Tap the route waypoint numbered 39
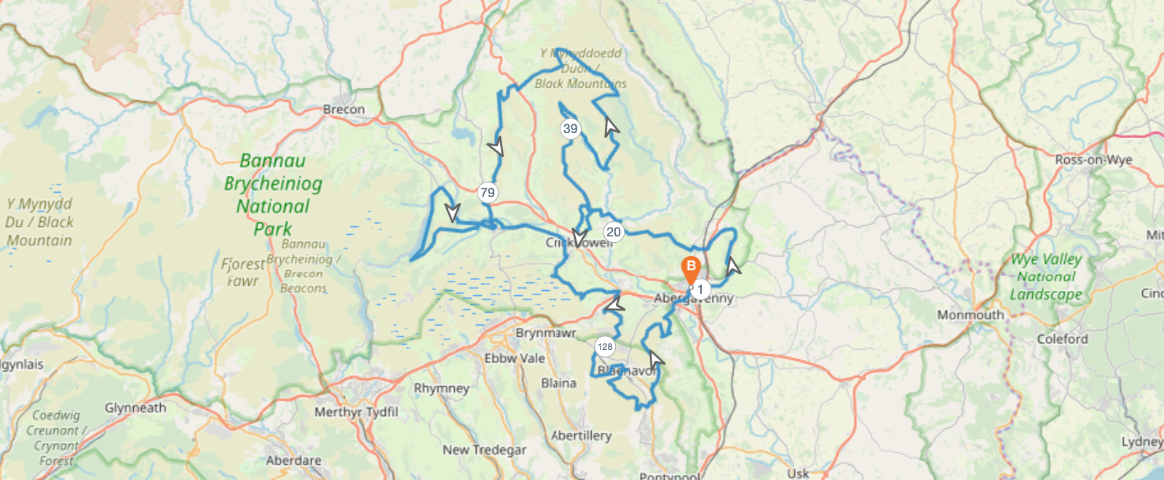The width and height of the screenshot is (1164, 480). (x=570, y=129)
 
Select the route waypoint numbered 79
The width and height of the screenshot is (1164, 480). (x=487, y=193)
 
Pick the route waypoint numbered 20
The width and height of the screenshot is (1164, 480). (x=614, y=232)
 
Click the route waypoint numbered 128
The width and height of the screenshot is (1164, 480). (x=605, y=347)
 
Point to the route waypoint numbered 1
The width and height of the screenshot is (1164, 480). (x=700, y=289)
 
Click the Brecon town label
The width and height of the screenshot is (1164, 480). (x=344, y=110)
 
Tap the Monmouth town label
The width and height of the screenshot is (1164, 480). (x=970, y=315)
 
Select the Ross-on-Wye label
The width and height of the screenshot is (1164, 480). (x=1093, y=160)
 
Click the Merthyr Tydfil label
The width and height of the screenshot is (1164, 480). (x=356, y=412)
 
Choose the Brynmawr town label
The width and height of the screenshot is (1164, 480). (x=545, y=333)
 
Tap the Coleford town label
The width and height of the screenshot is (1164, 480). (x=1062, y=339)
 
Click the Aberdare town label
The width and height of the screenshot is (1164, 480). (x=293, y=460)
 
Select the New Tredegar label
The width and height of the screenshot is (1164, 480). (x=484, y=450)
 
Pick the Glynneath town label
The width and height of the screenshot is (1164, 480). (x=135, y=408)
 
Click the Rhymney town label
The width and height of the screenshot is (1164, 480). (x=441, y=388)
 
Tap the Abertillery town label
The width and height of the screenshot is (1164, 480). (x=581, y=436)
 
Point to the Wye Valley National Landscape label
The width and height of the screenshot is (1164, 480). (x=1045, y=276)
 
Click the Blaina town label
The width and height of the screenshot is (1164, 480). (x=558, y=383)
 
